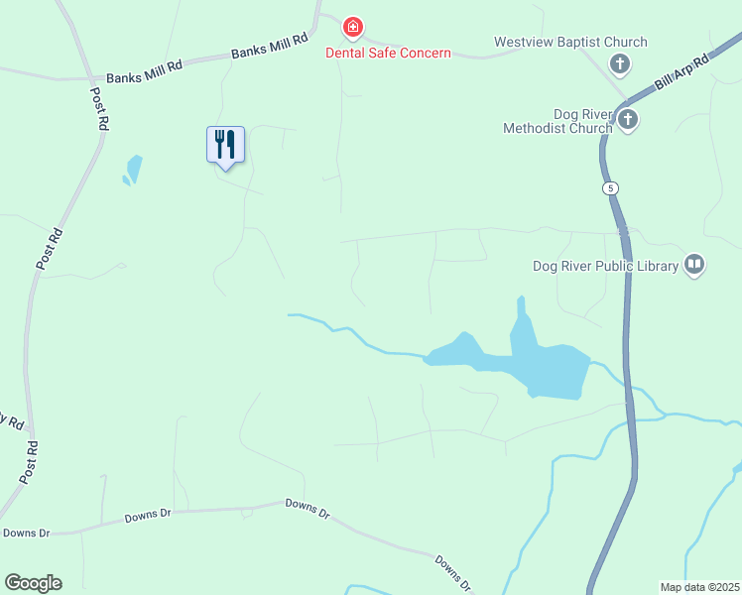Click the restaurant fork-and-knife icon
(x=225, y=145)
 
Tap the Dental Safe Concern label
(x=388, y=53)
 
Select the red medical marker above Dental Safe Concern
(x=351, y=27)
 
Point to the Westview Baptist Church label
(x=570, y=42)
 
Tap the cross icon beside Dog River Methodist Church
(x=627, y=120)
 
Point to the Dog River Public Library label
(x=605, y=265)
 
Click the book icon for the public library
(x=693, y=265)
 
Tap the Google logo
(x=33, y=583)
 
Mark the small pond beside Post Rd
(x=132, y=170)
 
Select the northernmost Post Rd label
(x=99, y=109)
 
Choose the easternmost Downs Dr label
(x=451, y=573)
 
